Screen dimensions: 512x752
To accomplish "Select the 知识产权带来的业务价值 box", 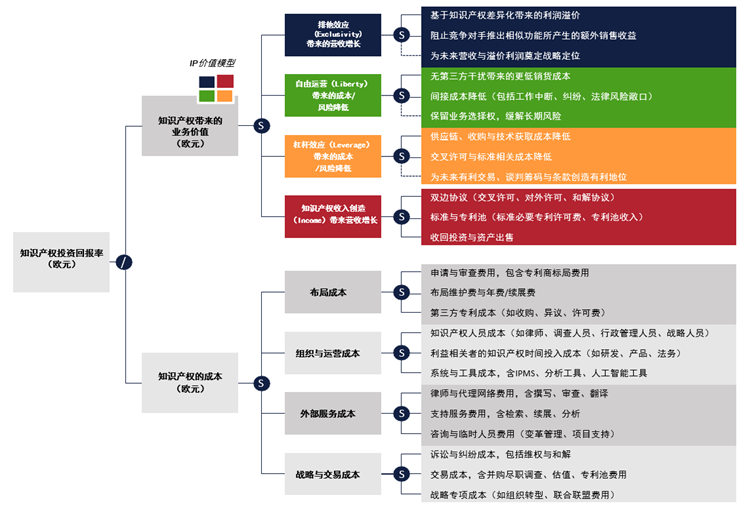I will (x=190, y=127).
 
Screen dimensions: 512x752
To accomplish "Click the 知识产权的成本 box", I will (x=190, y=382).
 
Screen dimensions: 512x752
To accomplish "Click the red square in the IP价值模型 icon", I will (x=226, y=81).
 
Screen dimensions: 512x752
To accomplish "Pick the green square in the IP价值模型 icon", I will (x=207, y=96).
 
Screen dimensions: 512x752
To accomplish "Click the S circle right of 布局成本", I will (x=401, y=292).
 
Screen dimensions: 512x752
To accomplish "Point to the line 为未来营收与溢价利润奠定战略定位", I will (x=504, y=56).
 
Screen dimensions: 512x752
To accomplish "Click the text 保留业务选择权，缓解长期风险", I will (x=498, y=116).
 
